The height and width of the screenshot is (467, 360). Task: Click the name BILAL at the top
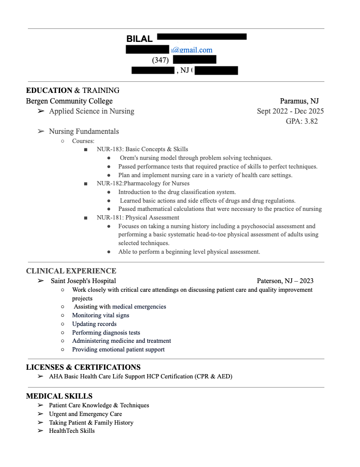tap(139, 39)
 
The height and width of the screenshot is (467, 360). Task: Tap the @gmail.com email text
tap(192, 50)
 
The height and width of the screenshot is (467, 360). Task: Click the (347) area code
tap(160, 60)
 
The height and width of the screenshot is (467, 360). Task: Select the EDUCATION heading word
tap(49, 91)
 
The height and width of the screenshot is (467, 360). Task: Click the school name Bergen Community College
tap(69, 101)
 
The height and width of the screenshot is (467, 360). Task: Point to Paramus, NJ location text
tap(299, 101)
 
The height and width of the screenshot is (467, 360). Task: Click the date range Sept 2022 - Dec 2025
tap(290, 111)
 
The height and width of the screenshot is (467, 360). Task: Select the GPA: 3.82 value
tap(302, 121)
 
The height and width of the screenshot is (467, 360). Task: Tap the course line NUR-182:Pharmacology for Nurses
tap(143, 183)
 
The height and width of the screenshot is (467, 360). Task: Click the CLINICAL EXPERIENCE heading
tap(71, 271)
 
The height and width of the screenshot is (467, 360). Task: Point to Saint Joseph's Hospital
tap(83, 281)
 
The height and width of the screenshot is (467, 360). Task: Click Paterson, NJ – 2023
tap(285, 281)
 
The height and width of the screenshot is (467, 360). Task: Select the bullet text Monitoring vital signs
tap(101, 315)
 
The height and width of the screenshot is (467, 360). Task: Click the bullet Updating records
tap(94, 324)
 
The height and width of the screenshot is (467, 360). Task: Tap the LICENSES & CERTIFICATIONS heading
tap(83, 367)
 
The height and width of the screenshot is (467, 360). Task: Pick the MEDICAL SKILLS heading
tap(59, 396)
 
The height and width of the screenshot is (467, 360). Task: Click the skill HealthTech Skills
tap(72, 431)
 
